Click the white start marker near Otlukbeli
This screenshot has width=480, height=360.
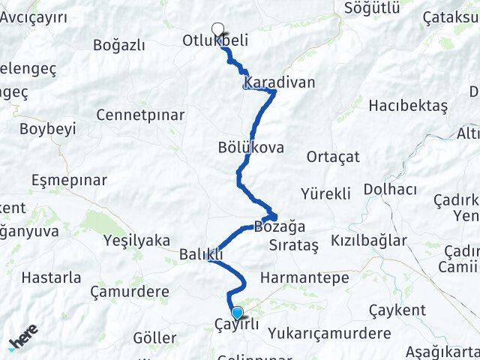pos(217,29)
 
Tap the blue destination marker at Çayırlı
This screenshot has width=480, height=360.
pos(238,313)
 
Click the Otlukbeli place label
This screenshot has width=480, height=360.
pos(215,42)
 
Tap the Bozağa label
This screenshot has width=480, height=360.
pos(280,226)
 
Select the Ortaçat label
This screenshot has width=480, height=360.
pos(333,157)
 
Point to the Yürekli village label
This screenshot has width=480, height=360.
pos(325,194)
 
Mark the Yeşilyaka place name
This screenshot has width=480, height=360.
pos(136,241)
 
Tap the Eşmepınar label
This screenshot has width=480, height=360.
pos(70,180)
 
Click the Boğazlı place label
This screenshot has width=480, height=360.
pos(118,45)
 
